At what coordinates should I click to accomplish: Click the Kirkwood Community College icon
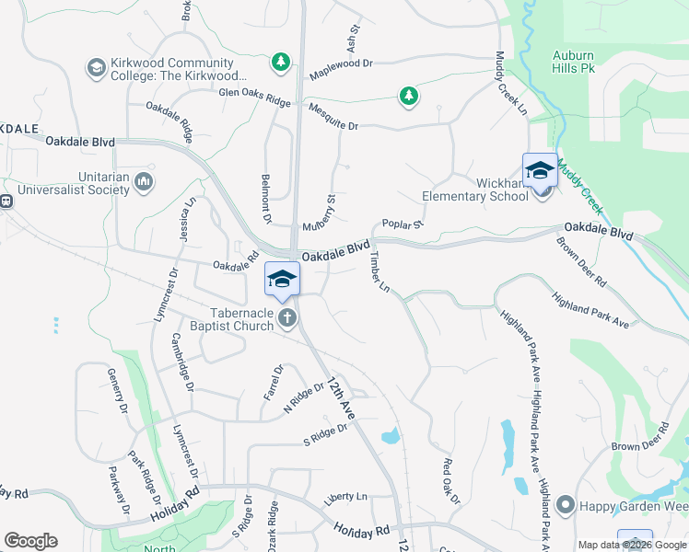[96, 68]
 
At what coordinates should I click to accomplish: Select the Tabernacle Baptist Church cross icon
[288, 319]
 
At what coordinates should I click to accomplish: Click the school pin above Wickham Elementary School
[540, 170]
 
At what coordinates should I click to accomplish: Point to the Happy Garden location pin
[566, 505]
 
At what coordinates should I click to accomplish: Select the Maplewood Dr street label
[341, 63]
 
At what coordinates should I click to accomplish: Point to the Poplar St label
[402, 224]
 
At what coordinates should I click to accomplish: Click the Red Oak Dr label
[450, 481]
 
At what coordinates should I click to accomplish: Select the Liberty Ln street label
[344, 498]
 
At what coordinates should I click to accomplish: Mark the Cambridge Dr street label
[183, 362]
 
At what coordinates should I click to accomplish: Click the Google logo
[30, 541]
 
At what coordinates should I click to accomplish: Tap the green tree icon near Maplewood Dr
[280, 63]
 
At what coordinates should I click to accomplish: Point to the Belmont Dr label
[265, 198]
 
